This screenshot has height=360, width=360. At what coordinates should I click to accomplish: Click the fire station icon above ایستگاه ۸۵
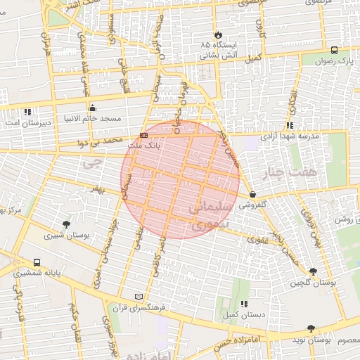click(218, 34)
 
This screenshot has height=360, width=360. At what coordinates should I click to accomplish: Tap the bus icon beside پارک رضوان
click(333, 50)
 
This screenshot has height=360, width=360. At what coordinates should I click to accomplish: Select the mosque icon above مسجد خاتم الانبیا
click(93, 108)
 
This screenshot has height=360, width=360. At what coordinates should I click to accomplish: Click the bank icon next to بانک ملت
click(144, 135)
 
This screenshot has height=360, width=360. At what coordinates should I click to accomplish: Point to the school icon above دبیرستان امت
click(27, 112)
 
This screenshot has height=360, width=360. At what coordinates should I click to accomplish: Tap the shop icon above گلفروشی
click(252, 194)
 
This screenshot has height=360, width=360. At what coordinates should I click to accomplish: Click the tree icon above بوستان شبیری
click(66, 224)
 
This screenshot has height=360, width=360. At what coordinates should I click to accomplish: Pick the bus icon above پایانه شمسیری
click(37, 262)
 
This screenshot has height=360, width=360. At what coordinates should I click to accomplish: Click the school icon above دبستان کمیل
click(243, 304)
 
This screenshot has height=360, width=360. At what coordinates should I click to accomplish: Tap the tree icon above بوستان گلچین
click(313, 271)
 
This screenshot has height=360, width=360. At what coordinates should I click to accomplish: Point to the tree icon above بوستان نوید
click(311, 328)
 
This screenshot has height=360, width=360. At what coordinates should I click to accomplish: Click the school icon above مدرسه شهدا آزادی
click(289, 126)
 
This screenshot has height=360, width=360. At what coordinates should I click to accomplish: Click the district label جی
click(88, 164)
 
